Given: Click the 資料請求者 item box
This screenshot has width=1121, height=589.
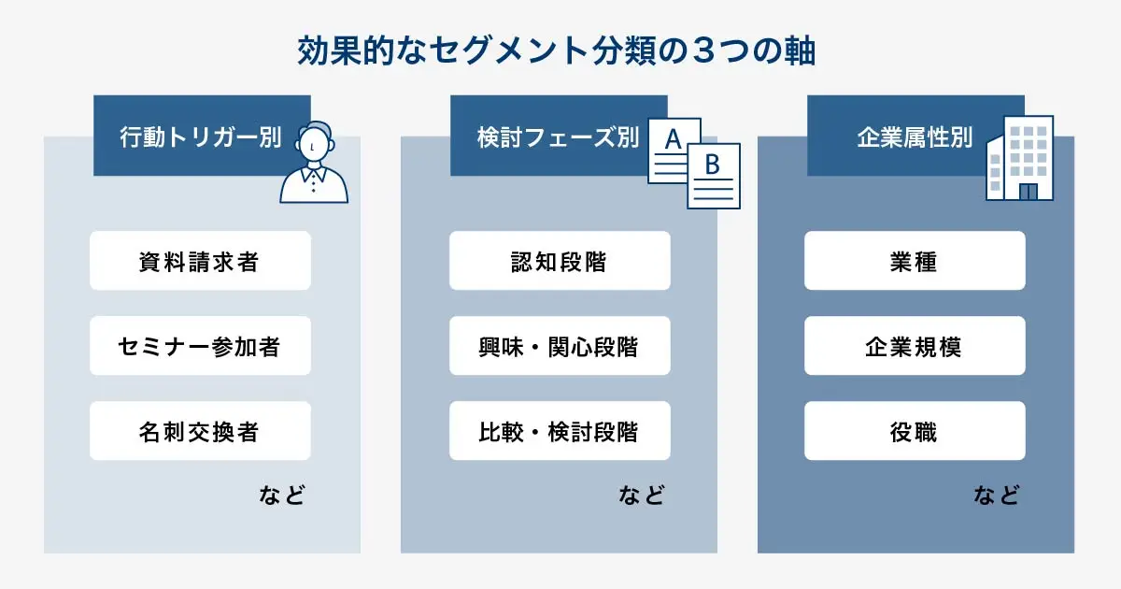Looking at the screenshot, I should click(x=200, y=261).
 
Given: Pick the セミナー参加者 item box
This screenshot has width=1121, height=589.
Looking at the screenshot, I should click(x=200, y=346).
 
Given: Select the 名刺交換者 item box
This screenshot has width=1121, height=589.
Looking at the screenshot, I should click(x=200, y=431).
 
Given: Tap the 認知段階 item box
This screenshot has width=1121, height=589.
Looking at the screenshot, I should click(x=560, y=261).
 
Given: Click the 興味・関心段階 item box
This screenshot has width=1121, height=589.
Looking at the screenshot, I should click(x=560, y=346).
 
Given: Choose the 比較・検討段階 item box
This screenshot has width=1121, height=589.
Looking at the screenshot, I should click(x=560, y=431).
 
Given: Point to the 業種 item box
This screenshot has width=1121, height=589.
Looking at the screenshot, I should click(x=915, y=261).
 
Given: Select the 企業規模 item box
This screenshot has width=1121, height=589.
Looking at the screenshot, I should click(x=915, y=346).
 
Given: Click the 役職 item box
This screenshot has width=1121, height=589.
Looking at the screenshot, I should click(x=915, y=431).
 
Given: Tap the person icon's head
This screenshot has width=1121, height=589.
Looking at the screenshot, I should click(x=315, y=143).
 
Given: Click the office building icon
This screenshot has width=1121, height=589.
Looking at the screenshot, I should click(x=1021, y=159).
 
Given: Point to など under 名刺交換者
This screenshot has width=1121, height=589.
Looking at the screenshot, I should click(x=282, y=495).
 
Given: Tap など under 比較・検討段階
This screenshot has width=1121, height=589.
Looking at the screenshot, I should click(x=642, y=495).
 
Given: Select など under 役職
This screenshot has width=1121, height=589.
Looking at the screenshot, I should click(x=997, y=495).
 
